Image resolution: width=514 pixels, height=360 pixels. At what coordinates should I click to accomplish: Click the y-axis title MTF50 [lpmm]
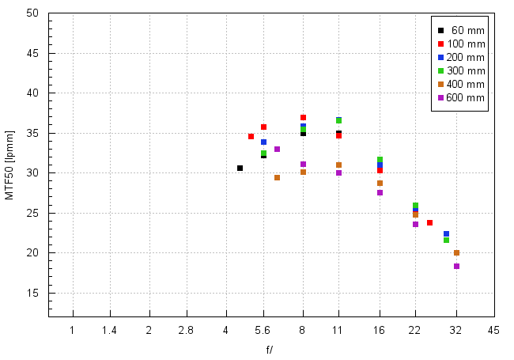pos(9,165)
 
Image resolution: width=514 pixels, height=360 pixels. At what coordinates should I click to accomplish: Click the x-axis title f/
pos(270,350)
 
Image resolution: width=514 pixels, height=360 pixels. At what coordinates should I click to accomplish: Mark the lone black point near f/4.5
pos(240,168)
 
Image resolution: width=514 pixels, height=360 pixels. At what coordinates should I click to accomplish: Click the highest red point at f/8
pos(303,117)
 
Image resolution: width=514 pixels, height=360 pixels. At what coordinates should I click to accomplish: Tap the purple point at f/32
pos(456,266)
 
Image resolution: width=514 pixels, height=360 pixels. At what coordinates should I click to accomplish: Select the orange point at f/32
pos(456,252)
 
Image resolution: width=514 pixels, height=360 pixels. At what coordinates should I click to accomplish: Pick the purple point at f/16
pos(380,192)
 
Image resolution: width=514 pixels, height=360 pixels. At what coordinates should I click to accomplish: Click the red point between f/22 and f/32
pos(429,222)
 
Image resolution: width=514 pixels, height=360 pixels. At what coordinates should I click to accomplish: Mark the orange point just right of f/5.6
pos(277,177)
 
